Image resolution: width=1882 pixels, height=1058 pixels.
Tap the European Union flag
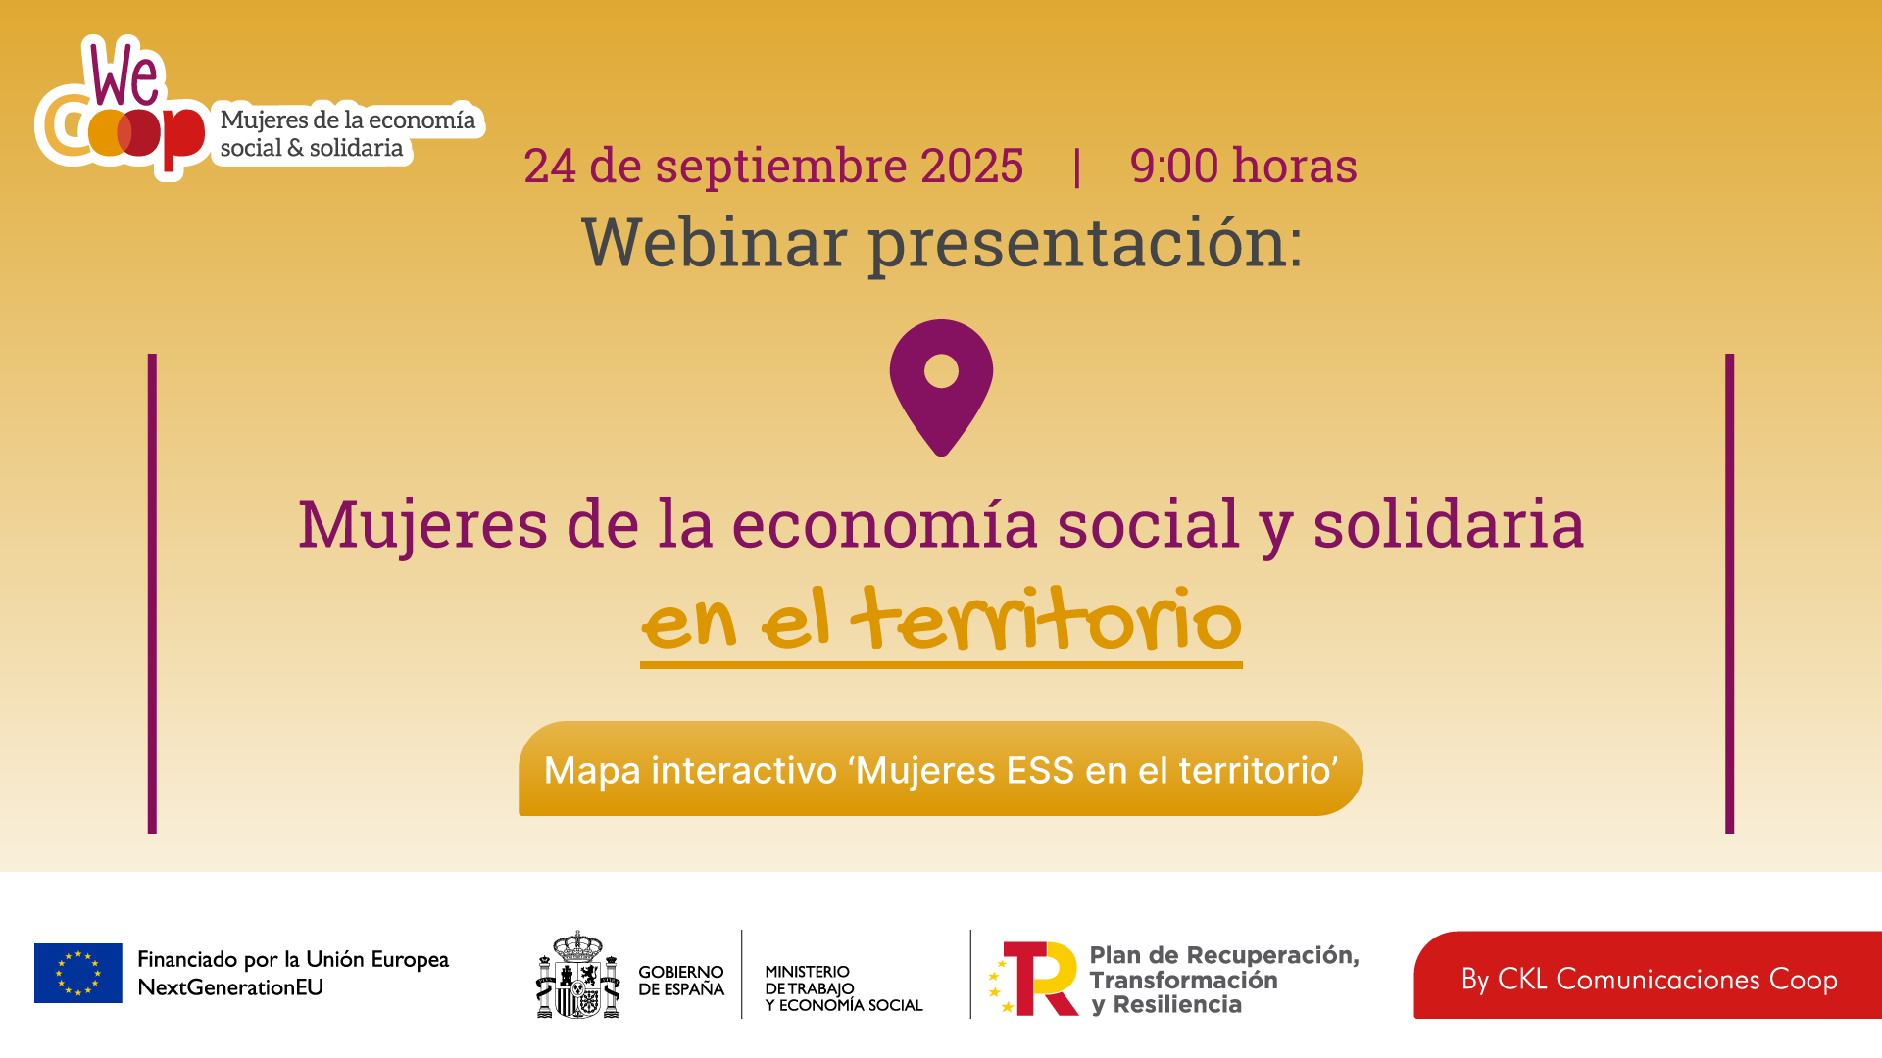[x=78, y=973]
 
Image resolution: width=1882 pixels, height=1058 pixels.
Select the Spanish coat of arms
[x=578, y=975]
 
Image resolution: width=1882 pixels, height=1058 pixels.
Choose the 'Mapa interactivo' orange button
[x=941, y=769]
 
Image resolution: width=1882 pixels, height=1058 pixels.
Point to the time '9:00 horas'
[x=1243, y=166]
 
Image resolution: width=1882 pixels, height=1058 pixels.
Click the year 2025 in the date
[x=972, y=166]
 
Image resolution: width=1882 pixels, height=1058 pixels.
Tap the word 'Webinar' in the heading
[x=715, y=242]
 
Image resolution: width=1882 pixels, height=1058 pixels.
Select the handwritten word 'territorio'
[x=1047, y=619]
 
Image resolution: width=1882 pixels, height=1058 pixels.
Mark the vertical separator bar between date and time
[x=1077, y=167]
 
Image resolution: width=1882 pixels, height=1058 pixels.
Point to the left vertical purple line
[x=152, y=594]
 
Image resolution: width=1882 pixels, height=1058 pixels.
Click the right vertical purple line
[x=1730, y=594]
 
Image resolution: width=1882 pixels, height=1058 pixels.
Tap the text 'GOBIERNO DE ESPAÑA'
[x=681, y=981]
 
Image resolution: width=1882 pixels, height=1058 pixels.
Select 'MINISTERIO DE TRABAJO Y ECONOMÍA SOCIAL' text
[x=844, y=988]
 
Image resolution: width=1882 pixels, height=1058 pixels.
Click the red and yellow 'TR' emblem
[x=1034, y=979]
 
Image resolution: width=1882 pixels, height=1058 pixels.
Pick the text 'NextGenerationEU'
[x=230, y=987]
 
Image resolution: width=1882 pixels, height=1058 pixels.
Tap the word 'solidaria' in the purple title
[x=1449, y=523]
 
